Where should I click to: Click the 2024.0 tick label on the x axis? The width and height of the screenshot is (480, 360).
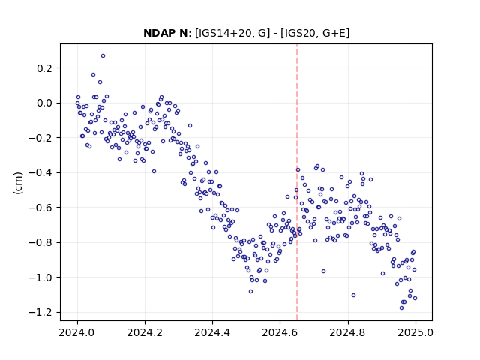point(77,332)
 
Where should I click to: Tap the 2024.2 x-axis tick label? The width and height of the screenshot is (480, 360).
point(145,332)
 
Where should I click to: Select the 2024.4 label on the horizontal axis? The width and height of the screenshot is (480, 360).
point(212,332)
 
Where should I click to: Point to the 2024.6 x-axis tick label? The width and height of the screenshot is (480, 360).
point(280,332)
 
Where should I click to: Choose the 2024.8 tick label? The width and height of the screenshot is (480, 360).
point(347,332)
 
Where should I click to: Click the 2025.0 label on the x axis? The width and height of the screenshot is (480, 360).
point(415,332)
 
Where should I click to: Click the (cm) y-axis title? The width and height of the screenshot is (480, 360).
point(18,183)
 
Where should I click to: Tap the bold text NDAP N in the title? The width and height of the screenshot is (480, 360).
point(165,33)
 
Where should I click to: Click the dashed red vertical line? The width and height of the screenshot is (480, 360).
point(297,182)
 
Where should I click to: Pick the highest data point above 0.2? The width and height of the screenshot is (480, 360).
point(103,56)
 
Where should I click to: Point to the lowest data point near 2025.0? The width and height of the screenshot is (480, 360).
point(402,308)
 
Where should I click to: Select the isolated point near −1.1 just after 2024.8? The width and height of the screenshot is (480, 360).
point(353,295)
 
